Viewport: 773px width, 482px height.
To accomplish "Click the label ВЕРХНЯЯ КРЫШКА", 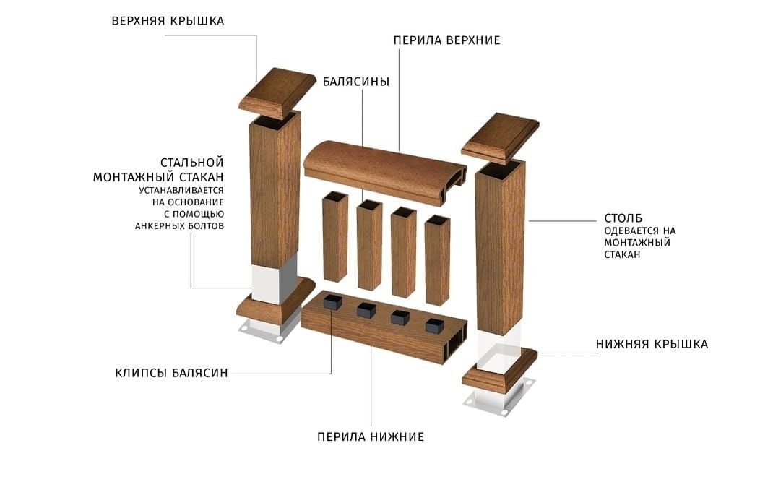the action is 168,21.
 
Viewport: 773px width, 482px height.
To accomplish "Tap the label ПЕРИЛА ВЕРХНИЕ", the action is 446,40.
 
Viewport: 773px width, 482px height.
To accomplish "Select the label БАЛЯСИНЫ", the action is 356,82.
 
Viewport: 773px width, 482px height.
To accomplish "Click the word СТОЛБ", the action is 623,218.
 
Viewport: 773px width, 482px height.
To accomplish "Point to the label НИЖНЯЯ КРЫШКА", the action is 652,345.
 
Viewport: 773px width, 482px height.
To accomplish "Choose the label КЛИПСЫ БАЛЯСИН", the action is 171,373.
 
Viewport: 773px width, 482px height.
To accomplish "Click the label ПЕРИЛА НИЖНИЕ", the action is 371,437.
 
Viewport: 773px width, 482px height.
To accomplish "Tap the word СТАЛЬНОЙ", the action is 191,163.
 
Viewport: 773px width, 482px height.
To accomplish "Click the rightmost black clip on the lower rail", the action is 434,324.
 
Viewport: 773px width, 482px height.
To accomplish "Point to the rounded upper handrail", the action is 385,173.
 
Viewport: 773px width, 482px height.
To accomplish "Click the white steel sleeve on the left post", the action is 274,279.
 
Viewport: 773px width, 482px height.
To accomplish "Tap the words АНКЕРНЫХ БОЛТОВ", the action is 179,226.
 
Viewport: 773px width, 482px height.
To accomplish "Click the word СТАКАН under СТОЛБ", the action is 622,254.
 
